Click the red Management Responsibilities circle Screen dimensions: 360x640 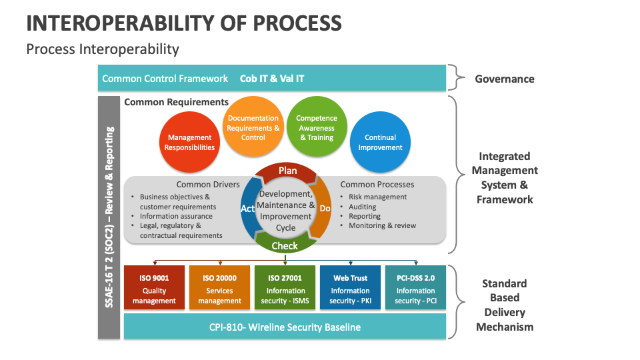190,143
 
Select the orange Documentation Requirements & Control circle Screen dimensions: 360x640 253,128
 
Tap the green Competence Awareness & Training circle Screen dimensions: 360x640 317,128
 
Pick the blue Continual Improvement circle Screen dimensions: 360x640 380,143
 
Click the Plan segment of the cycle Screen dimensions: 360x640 287,171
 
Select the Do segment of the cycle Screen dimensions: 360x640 325,209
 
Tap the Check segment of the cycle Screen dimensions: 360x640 285,245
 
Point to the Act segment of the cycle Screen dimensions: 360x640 247,209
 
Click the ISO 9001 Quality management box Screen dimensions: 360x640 154,289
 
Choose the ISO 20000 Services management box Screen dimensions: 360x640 219,289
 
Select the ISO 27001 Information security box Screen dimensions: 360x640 285,289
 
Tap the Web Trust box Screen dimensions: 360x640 350,289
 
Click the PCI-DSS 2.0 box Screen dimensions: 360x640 415,289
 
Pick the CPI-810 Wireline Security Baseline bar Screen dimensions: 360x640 285,327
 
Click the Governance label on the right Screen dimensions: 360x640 504,79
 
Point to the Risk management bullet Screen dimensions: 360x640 377,197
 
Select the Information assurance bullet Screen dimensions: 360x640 176,216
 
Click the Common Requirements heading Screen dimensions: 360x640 176,102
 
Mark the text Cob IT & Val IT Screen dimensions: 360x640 272,79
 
